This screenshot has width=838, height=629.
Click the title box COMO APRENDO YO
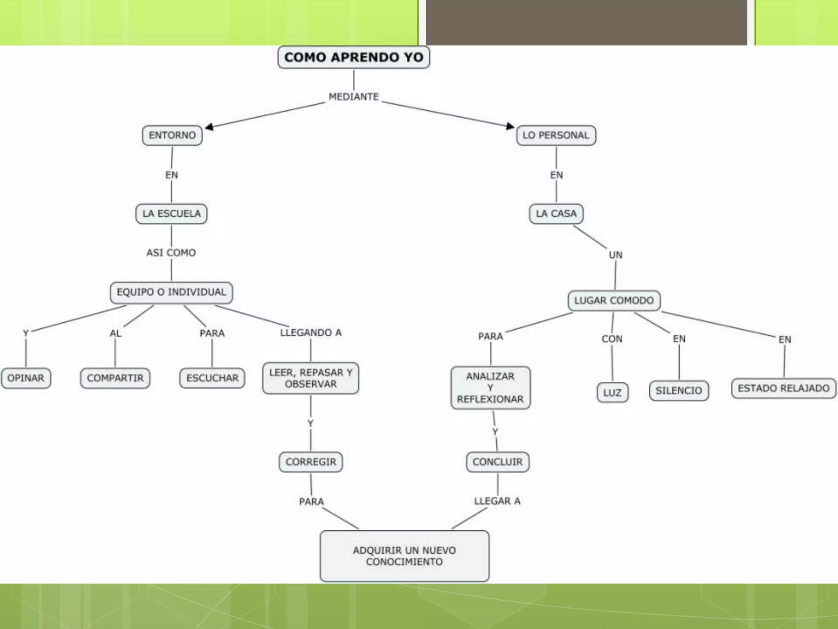pyautogui.click(x=354, y=57)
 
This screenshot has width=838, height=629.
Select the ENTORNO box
pyautogui.click(x=172, y=135)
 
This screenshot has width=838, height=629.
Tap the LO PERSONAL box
pyautogui.click(x=556, y=135)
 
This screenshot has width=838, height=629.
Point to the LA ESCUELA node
pyautogui.click(x=171, y=214)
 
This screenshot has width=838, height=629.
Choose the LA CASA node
pyautogui.click(x=556, y=214)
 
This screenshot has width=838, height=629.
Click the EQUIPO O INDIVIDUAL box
pyautogui.click(x=171, y=292)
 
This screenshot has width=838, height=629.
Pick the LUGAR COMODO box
pyautogui.click(x=614, y=301)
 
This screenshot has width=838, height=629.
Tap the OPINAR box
pyautogui.click(x=26, y=378)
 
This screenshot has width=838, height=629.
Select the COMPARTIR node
pyautogui.click(x=115, y=378)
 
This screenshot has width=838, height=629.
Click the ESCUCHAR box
pyautogui.click(x=212, y=378)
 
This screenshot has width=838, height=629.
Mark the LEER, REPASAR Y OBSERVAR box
pyautogui.click(x=311, y=378)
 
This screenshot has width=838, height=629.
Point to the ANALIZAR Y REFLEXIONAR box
pyautogui.click(x=490, y=388)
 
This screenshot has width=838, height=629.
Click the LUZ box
pyautogui.click(x=612, y=393)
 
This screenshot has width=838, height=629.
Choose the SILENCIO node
pyautogui.click(x=679, y=391)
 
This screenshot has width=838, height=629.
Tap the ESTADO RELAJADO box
pyautogui.click(x=784, y=388)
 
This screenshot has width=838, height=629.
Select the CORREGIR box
pyautogui.click(x=311, y=462)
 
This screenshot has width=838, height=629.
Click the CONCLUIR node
pyautogui.click(x=498, y=462)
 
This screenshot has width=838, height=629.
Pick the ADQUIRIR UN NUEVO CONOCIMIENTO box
pyautogui.click(x=404, y=556)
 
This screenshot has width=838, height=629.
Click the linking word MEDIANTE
pyautogui.click(x=354, y=97)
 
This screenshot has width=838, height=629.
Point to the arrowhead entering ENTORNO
pyautogui.click(x=209, y=127)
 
